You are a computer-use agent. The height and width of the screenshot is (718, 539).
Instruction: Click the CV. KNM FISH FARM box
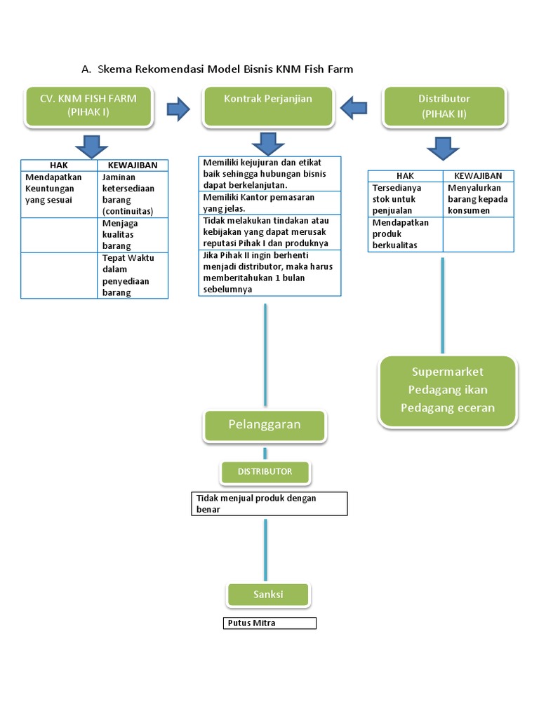88,106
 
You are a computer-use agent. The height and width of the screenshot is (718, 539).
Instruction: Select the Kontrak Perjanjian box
268,106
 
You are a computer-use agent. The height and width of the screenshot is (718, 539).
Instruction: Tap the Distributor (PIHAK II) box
444,106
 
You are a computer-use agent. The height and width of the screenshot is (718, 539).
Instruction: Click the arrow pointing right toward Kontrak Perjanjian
178,108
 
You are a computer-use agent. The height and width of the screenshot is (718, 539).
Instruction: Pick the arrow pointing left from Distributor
354,108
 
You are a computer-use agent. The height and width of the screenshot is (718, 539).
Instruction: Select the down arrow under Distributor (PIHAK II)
442,149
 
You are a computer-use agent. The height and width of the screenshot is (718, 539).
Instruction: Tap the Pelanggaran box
265,425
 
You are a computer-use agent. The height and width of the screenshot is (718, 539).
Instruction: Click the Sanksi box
268,595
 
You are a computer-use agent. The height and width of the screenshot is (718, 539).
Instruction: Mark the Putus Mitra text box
270,623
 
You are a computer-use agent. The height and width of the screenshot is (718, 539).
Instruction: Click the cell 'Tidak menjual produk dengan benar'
269,503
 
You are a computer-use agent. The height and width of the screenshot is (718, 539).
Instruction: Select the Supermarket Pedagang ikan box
448,391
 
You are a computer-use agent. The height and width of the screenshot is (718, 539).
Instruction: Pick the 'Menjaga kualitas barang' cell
132,235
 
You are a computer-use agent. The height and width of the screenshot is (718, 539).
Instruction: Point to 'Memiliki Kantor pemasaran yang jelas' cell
269,203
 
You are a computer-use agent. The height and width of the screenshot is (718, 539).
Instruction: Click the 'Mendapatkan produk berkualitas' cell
405,233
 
